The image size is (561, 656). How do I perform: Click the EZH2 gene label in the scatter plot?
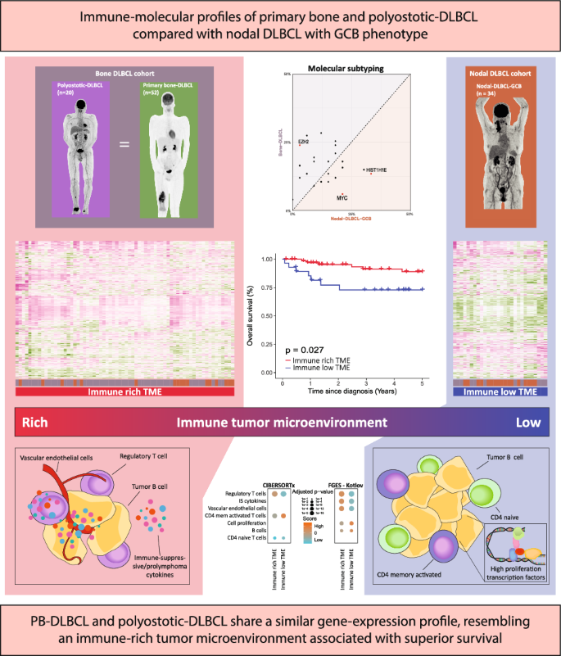coord(304,143)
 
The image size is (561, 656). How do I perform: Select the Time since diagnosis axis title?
coord(349,391)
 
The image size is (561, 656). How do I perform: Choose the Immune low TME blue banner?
coord(499,393)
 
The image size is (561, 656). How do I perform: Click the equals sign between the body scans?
coord(124,145)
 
